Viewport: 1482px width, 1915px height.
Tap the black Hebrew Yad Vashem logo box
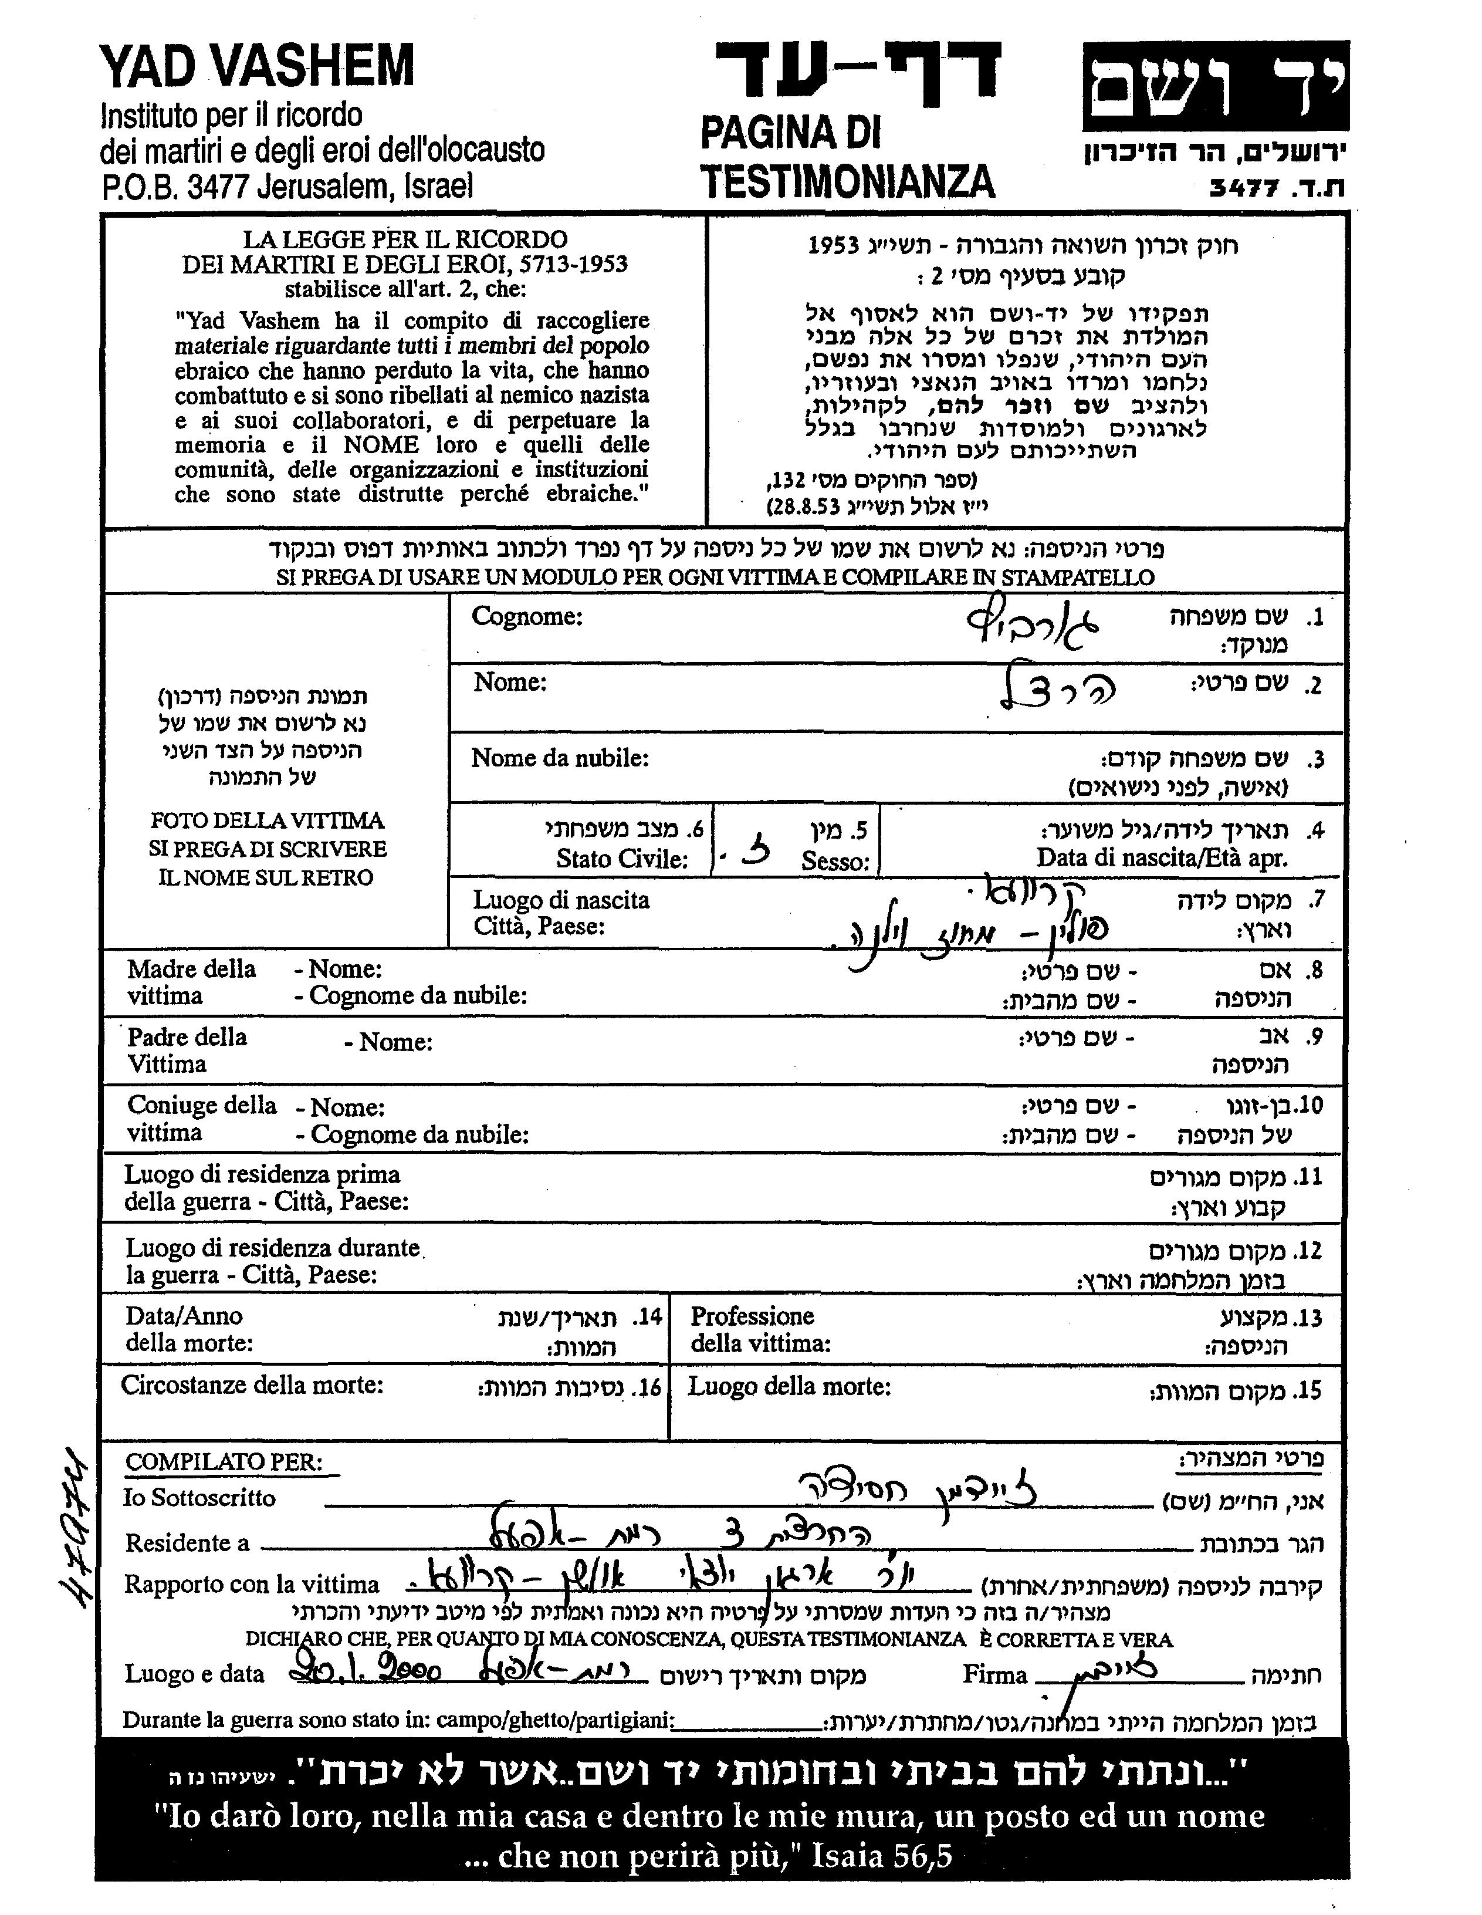[x=1216, y=86]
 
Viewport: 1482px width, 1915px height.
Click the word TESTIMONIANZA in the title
[x=847, y=181]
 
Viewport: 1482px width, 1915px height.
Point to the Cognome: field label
[x=527, y=616]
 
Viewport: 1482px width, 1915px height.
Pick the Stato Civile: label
[x=621, y=859]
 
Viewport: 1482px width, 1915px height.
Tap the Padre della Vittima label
[x=187, y=1049]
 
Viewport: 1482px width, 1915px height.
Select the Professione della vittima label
[x=760, y=1329]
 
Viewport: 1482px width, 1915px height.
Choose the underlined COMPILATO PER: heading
[x=224, y=1462]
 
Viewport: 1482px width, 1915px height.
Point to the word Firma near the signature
[x=994, y=1675]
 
